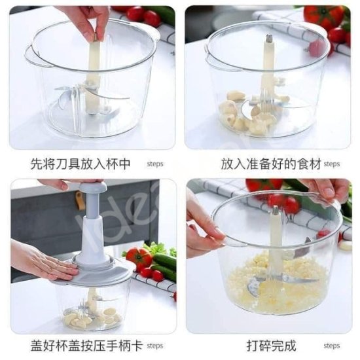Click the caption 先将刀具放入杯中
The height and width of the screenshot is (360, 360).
(x=81, y=164)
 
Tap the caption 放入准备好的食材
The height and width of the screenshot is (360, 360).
(x=271, y=164)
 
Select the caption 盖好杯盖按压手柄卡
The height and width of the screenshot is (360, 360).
(x=86, y=346)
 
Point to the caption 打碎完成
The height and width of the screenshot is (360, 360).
(x=271, y=346)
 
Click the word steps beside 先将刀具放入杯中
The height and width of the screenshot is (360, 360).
(x=155, y=164)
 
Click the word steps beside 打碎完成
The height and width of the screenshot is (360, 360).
(x=332, y=346)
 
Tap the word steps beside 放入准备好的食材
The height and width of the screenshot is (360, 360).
(x=332, y=164)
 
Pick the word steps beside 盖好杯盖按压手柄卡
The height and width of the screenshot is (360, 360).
(x=155, y=346)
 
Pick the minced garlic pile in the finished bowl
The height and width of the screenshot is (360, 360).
(x=276, y=287)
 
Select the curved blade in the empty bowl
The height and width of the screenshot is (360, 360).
(x=109, y=94)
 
